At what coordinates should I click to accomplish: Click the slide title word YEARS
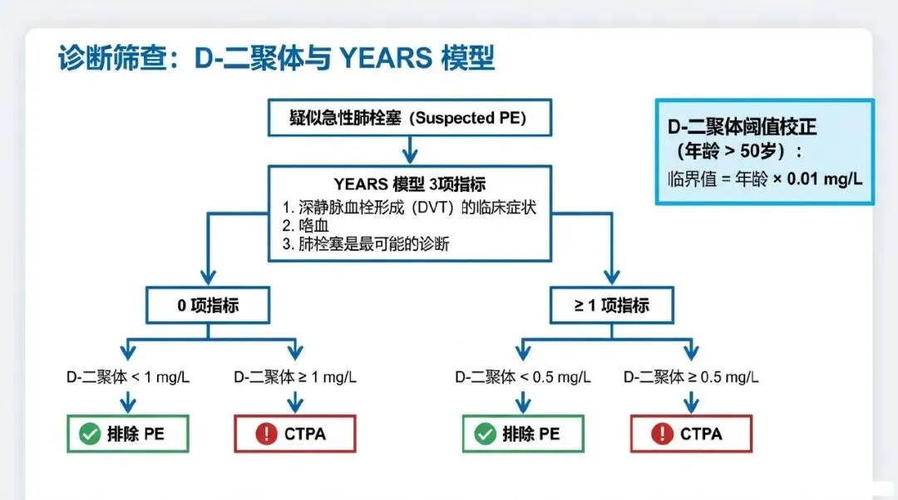[x=385, y=59]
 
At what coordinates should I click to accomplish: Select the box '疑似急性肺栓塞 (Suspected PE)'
[x=408, y=117]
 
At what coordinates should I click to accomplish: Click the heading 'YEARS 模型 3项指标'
[x=409, y=184]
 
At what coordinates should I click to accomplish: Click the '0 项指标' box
[x=208, y=305]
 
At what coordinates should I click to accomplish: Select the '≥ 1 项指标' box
[x=611, y=305]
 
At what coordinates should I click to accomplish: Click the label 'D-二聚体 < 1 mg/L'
[x=128, y=376]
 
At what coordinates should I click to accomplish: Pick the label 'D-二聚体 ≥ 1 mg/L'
[x=295, y=376]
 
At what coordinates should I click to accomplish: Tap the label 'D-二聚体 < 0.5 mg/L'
[x=523, y=376]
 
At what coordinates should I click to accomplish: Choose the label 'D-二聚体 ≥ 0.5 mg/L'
[x=691, y=376]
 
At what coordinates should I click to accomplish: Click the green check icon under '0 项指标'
[x=89, y=434]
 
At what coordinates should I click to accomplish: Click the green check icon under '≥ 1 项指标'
[x=485, y=434]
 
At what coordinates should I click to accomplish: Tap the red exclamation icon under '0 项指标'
[x=266, y=434]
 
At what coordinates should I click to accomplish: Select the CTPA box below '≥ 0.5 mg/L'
[x=691, y=434]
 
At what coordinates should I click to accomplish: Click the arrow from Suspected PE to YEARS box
[x=408, y=150]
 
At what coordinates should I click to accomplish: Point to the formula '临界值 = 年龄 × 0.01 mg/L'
[x=764, y=179]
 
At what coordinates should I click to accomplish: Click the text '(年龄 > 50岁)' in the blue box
[x=740, y=153]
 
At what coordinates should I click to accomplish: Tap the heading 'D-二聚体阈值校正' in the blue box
[x=743, y=127]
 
